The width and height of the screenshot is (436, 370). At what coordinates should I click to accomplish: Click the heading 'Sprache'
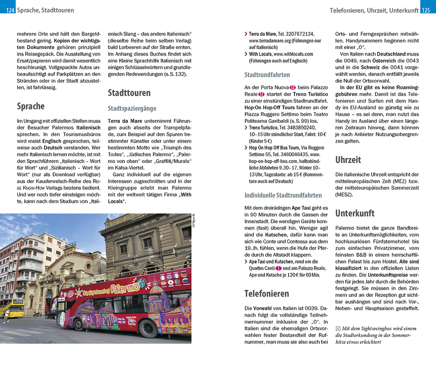pos(30,106)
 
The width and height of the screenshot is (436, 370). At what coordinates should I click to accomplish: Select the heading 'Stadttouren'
pos(129,93)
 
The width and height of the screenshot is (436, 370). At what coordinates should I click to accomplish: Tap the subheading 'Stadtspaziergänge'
pos(132,108)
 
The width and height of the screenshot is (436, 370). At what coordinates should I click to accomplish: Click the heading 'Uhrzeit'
pos(348,160)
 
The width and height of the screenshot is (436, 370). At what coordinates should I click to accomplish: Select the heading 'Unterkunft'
pos(355,213)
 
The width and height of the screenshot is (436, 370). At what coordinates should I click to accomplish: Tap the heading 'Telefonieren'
pos(267,293)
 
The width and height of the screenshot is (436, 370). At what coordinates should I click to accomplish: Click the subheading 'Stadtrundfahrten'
pos(267,75)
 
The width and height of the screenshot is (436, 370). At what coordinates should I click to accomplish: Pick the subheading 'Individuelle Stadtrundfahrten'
pos(283,195)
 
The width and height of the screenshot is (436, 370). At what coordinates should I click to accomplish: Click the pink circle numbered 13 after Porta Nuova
pos(293,87)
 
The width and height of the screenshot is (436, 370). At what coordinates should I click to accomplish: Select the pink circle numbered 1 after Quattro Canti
pos(278,268)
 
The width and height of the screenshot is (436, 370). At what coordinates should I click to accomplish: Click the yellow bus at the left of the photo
pos(12,307)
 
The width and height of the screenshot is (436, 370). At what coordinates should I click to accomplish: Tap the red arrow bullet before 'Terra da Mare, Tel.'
pos(246,34)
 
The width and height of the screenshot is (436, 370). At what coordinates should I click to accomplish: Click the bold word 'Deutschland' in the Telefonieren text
pos(391,54)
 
